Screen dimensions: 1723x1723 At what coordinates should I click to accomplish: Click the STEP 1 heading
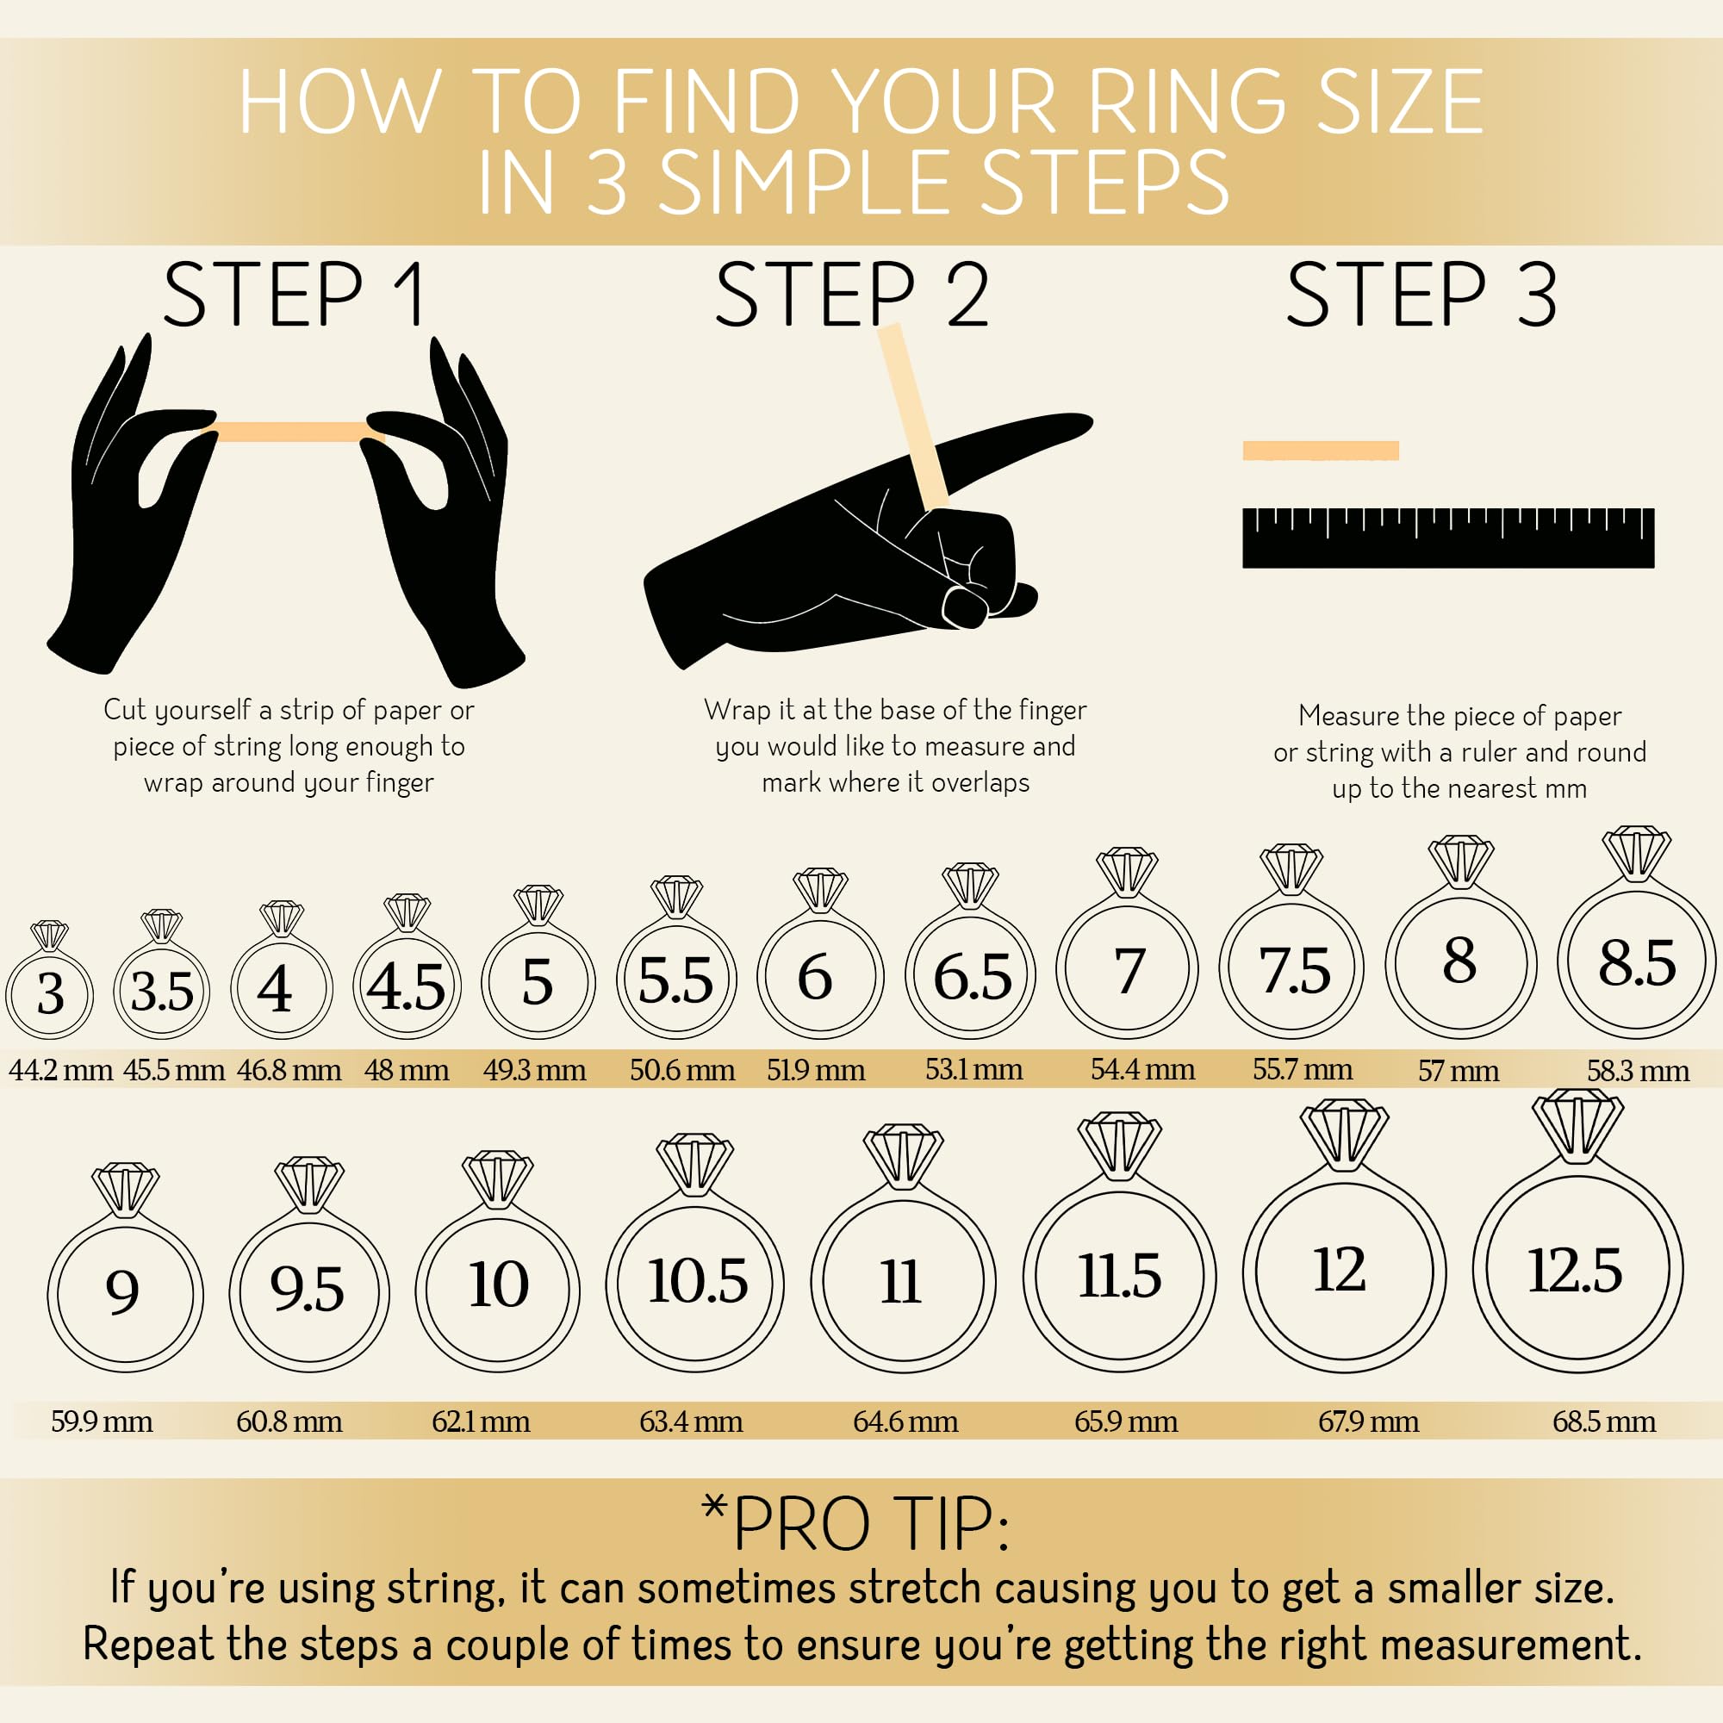pos(295,294)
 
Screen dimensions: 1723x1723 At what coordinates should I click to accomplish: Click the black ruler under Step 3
pos(1448,538)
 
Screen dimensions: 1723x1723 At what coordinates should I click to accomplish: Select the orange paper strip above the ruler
pos(1321,451)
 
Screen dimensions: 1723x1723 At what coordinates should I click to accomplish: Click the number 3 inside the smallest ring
pos(51,992)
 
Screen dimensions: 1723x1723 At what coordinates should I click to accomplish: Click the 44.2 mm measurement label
pos(60,1069)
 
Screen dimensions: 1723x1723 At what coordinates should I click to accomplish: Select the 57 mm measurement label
pos(1459,1070)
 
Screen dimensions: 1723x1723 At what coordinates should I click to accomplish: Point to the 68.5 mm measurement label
pos(1603,1421)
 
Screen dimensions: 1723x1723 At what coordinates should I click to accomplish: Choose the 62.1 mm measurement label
pos(481,1421)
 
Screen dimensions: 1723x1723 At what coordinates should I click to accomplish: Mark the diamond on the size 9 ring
pos(126,1189)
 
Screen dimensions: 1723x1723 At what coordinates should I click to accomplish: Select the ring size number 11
pos(901,1283)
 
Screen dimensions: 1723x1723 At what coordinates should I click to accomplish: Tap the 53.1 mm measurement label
pos(973,1068)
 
